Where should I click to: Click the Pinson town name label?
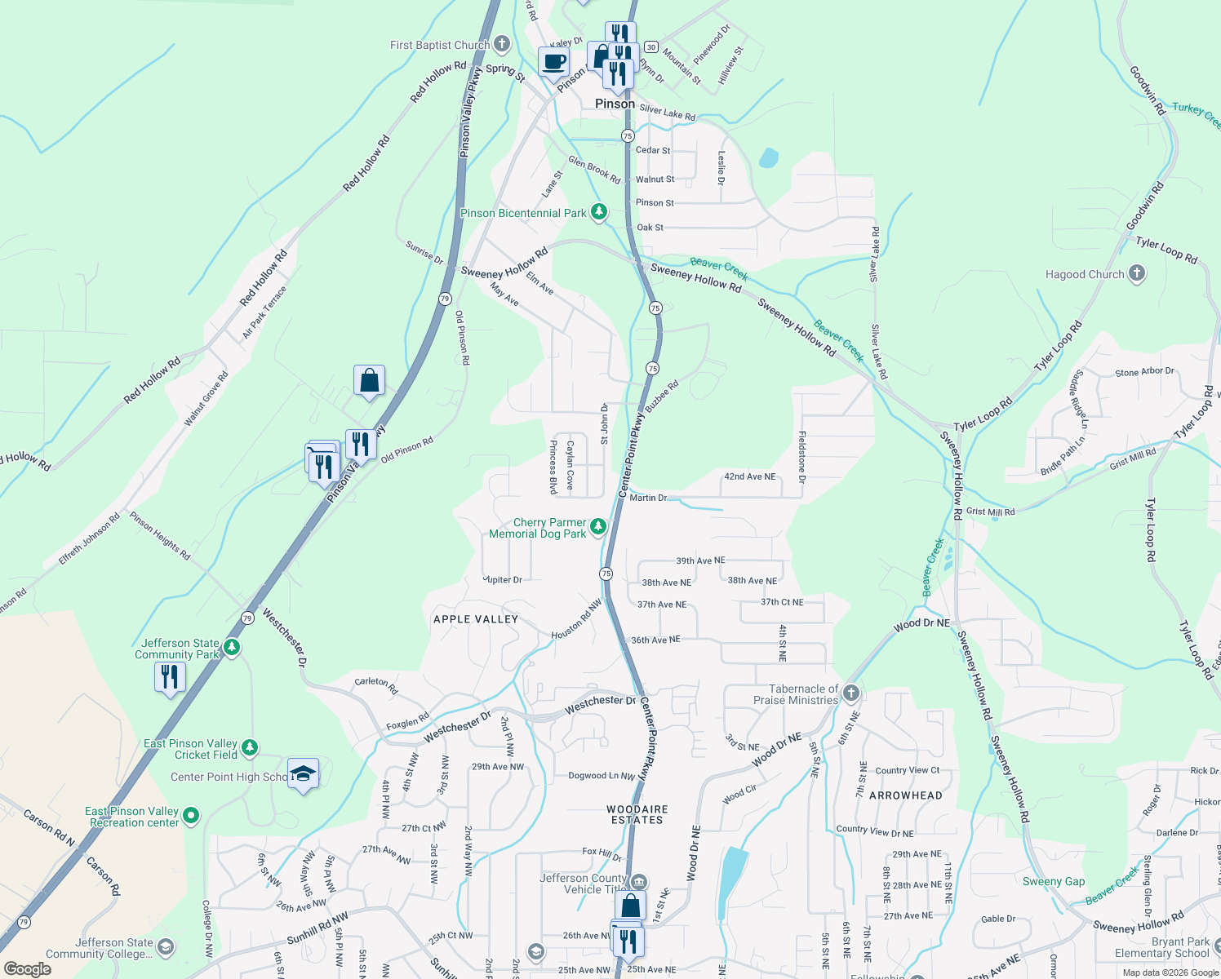click(x=615, y=104)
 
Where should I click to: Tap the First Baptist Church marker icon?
click(x=502, y=44)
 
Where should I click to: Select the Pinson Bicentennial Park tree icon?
click(x=599, y=213)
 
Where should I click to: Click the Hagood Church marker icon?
click(x=1137, y=274)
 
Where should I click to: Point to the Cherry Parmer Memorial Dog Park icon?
click(x=598, y=527)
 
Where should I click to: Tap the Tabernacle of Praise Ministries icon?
click(x=851, y=693)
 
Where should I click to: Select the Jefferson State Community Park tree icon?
click(x=232, y=648)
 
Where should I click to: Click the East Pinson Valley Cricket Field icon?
click(x=250, y=747)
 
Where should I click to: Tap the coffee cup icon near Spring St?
click(x=553, y=62)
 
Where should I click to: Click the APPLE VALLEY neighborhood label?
click(x=476, y=619)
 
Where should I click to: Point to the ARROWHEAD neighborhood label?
click(x=905, y=795)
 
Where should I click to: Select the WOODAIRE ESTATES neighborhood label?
click(x=637, y=814)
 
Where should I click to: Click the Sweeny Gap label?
click(x=1054, y=881)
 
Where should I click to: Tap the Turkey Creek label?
click(x=1196, y=114)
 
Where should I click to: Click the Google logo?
click(x=27, y=968)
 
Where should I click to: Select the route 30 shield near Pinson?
click(x=650, y=47)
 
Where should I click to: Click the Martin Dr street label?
click(x=648, y=497)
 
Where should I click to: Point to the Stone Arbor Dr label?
click(x=1144, y=372)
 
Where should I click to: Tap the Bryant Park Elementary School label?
click(x=1162, y=947)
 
